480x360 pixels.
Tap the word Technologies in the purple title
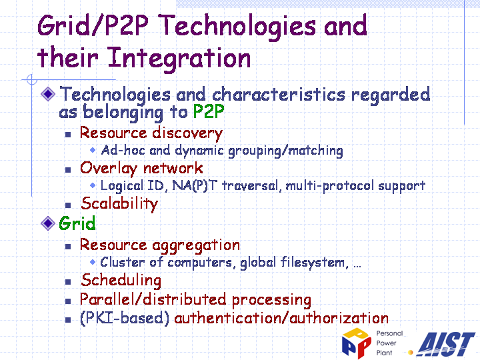pyautogui.click(x=238, y=27)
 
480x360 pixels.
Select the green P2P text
pyautogui.click(x=209, y=111)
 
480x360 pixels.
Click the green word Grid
pyautogui.click(x=77, y=223)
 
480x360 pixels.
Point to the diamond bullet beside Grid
pyautogui.click(x=48, y=223)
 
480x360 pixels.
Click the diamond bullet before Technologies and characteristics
pyautogui.click(x=48, y=94)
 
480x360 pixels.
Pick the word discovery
pyautogui.click(x=187, y=133)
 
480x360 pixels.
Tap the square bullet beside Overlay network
pyautogui.click(x=68, y=169)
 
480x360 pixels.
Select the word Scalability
pyautogui.click(x=120, y=204)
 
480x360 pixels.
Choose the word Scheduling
pyautogui.click(x=121, y=281)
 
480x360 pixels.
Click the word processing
pyautogui.click(x=271, y=300)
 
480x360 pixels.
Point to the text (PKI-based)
pyautogui.click(x=125, y=319)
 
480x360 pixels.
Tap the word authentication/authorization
pyautogui.click(x=281, y=319)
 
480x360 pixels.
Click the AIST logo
pyautogui.click(x=446, y=345)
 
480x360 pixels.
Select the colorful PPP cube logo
pyautogui.click(x=356, y=343)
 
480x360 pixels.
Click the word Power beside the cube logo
pyautogui.click(x=386, y=343)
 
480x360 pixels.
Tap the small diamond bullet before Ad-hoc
pyautogui.click(x=93, y=150)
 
